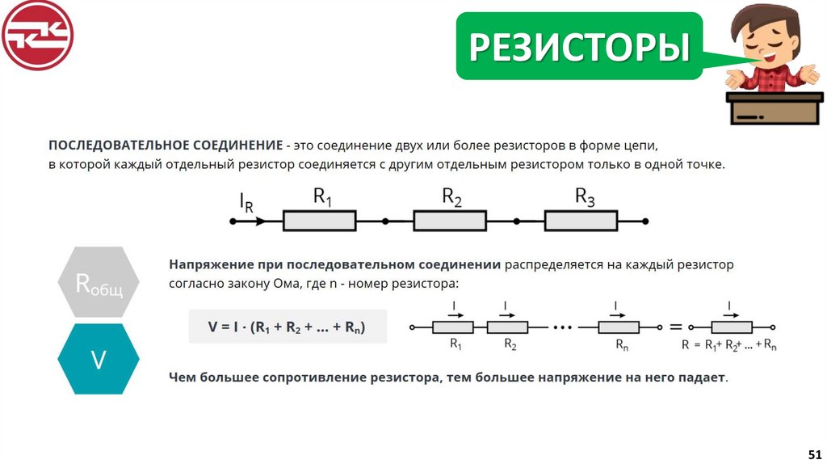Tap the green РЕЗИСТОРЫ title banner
(x=579, y=47)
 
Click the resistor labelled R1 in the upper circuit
(x=319, y=221)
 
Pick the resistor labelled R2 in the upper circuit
(x=450, y=221)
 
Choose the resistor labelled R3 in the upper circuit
(x=581, y=221)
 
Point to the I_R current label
(x=246, y=202)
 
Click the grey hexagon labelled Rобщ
(x=99, y=283)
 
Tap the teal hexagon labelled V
(x=99, y=359)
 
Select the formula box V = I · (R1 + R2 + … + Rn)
(x=287, y=327)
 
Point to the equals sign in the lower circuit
(x=675, y=327)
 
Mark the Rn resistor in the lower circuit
(x=619, y=327)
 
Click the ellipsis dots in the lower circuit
(x=563, y=327)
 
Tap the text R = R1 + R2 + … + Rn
(x=729, y=345)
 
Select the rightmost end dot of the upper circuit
(x=645, y=221)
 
